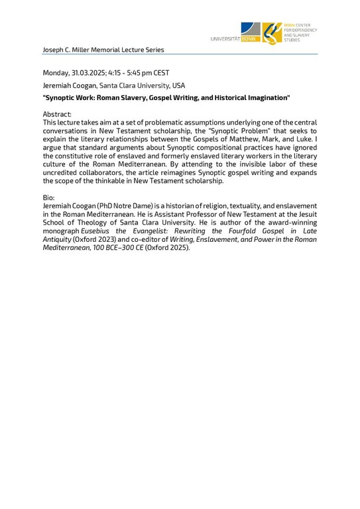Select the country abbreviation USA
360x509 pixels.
(x=178, y=85)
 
